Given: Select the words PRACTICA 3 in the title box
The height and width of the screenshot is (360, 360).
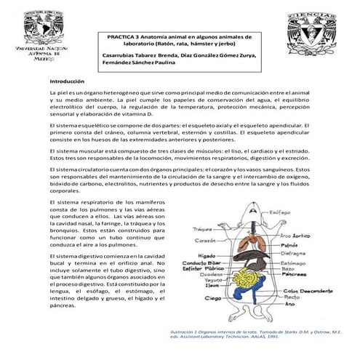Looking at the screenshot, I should (x=125, y=36).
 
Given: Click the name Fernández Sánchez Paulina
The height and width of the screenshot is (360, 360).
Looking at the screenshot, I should (x=140, y=63).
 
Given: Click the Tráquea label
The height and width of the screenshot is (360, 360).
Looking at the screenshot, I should (x=201, y=229).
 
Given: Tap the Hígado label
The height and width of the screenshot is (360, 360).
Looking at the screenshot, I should (x=206, y=256).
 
